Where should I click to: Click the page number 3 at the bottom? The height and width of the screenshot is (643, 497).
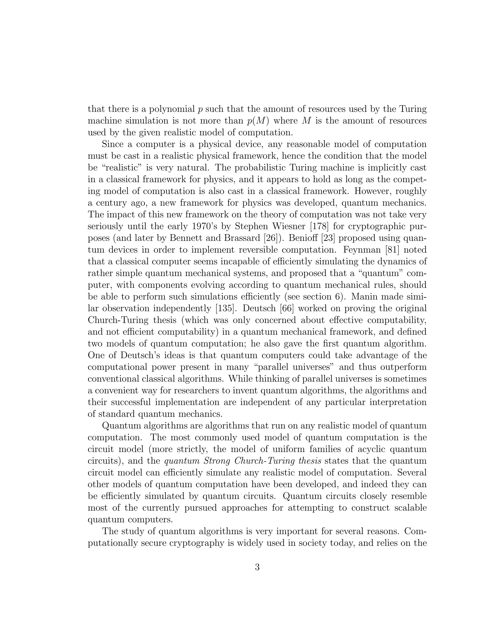pos(257,567)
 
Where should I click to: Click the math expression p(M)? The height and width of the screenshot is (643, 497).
pos(258,121)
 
